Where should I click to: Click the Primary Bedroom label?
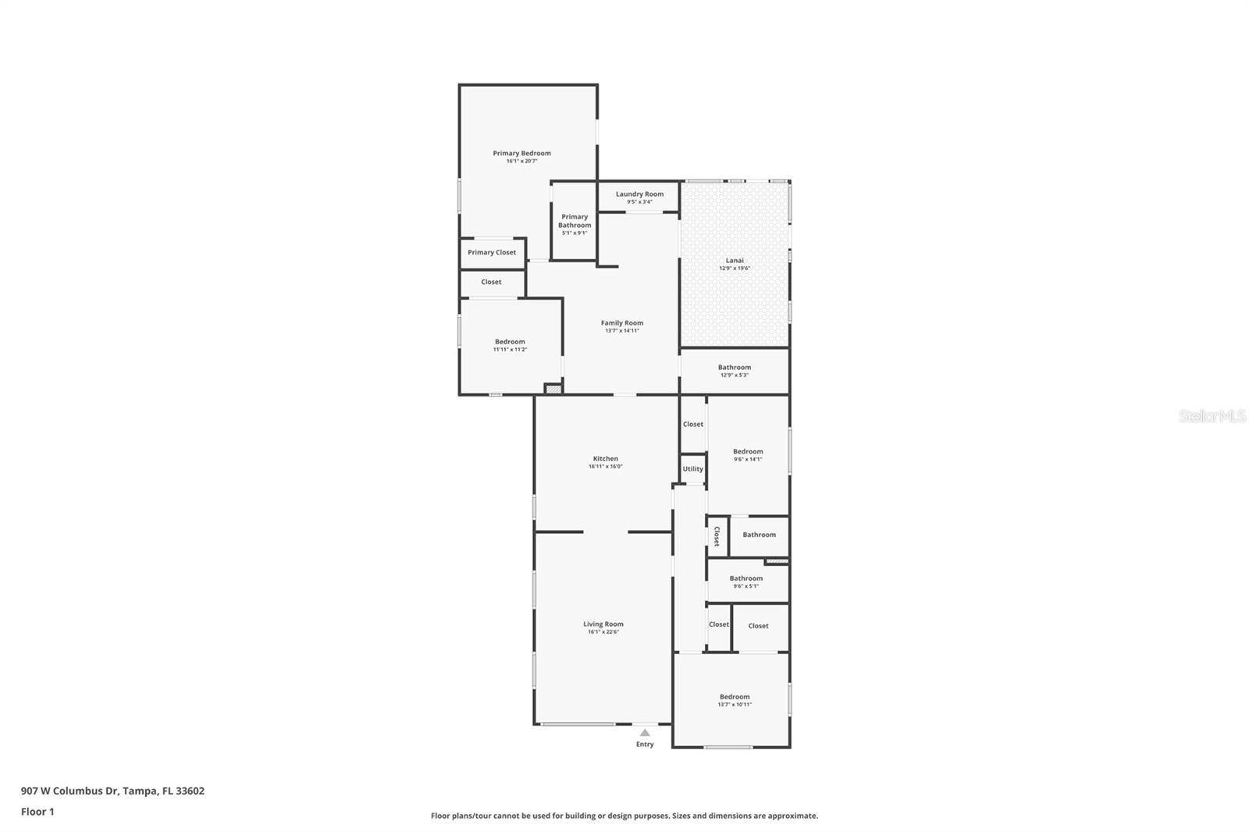pyautogui.click(x=521, y=153)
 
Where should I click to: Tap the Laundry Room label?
pyautogui.click(x=639, y=194)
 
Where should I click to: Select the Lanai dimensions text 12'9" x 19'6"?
pyautogui.click(x=734, y=268)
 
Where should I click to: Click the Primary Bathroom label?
pyautogui.click(x=575, y=221)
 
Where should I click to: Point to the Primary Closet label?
pyautogui.click(x=492, y=252)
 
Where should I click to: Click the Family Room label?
pyautogui.click(x=622, y=322)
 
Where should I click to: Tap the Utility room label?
pyautogui.click(x=692, y=469)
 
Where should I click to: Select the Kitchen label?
pyautogui.click(x=605, y=459)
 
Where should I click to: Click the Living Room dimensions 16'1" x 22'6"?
pyautogui.click(x=603, y=632)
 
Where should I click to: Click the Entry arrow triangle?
pyautogui.click(x=645, y=733)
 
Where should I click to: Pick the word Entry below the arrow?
pyautogui.click(x=645, y=745)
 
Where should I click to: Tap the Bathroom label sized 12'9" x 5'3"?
pyautogui.click(x=735, y=367)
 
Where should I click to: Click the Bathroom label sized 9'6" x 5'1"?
pyautogui.click(x=745, y=578)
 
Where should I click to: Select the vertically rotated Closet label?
pyautogui.click(x=717, y=536)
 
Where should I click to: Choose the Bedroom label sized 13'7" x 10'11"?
pyautogui.click(x=735, y=697)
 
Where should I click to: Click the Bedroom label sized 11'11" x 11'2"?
pyautogui.click(x=510, y=341)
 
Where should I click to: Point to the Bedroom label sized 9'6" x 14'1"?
pyautogui.click(x=748, y=451)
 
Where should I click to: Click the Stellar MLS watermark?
pyautogui.click(x=1212, y=416)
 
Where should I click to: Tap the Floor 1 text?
pyautogui.click(x=37, y=812)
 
